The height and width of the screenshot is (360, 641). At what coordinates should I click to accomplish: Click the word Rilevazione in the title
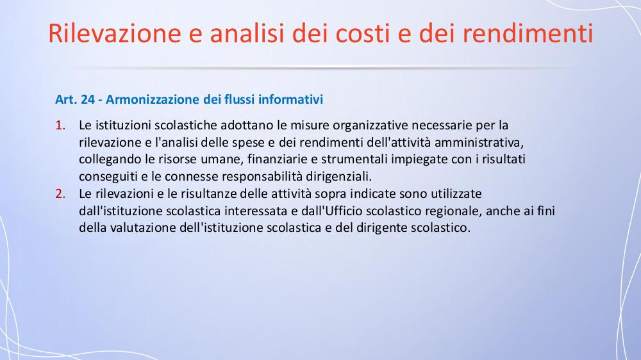[x=115, y=33]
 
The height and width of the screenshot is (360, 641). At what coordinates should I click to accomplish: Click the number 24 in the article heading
[x=87, y=99]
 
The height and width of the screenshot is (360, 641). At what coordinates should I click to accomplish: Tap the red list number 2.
[x=60, y=193]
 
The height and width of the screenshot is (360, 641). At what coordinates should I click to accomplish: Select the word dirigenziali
[x=339, y=177]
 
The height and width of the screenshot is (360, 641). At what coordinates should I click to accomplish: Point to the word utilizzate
[x=456, y=193]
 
